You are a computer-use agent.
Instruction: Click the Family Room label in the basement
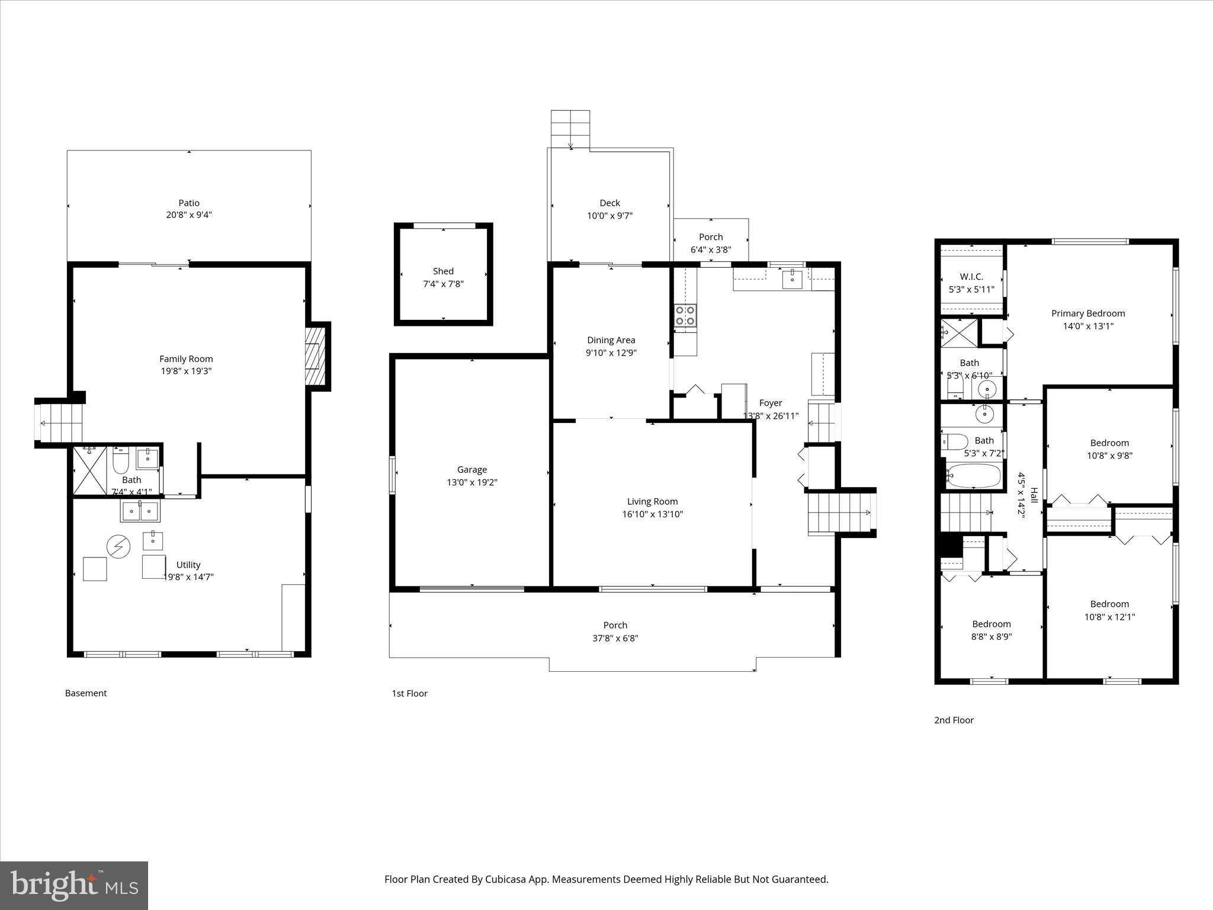coord(186,358)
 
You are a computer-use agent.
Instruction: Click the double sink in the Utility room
coord(140,511)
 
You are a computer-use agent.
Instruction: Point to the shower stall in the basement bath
coord(89,471)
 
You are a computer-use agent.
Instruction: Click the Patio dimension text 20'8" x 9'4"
coord(189,215)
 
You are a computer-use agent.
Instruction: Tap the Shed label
coord(443,271)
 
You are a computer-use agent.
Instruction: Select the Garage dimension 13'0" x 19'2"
coord(472,482)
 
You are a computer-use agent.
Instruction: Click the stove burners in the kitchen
coord(685,315)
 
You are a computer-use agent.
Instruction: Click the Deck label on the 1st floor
coord(609,203)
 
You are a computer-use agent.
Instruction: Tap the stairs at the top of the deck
coord(570,129)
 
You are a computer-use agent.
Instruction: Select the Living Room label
coord(652,501)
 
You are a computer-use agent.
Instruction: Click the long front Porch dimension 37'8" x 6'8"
coord(615,638)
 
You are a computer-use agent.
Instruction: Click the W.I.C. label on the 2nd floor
coord(971,277)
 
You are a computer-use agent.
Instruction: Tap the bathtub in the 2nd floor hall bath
coord(973,475)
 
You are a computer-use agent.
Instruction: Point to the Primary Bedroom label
coord(1088,313)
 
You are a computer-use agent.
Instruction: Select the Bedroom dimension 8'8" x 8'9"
coord(991,637)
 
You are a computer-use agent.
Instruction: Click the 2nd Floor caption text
coord(954,720)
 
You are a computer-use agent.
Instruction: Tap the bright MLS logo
coord(74,885)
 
